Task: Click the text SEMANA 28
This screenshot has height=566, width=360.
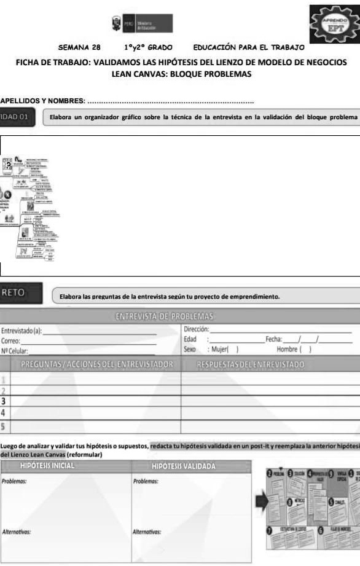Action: click(79, 47)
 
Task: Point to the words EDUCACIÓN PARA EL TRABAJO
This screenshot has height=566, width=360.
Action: click(249, 47)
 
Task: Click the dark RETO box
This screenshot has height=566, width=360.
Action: click(22, 293)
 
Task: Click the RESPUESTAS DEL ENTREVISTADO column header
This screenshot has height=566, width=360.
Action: click(251, 364)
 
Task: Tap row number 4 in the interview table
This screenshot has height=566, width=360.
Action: click(4, 412)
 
